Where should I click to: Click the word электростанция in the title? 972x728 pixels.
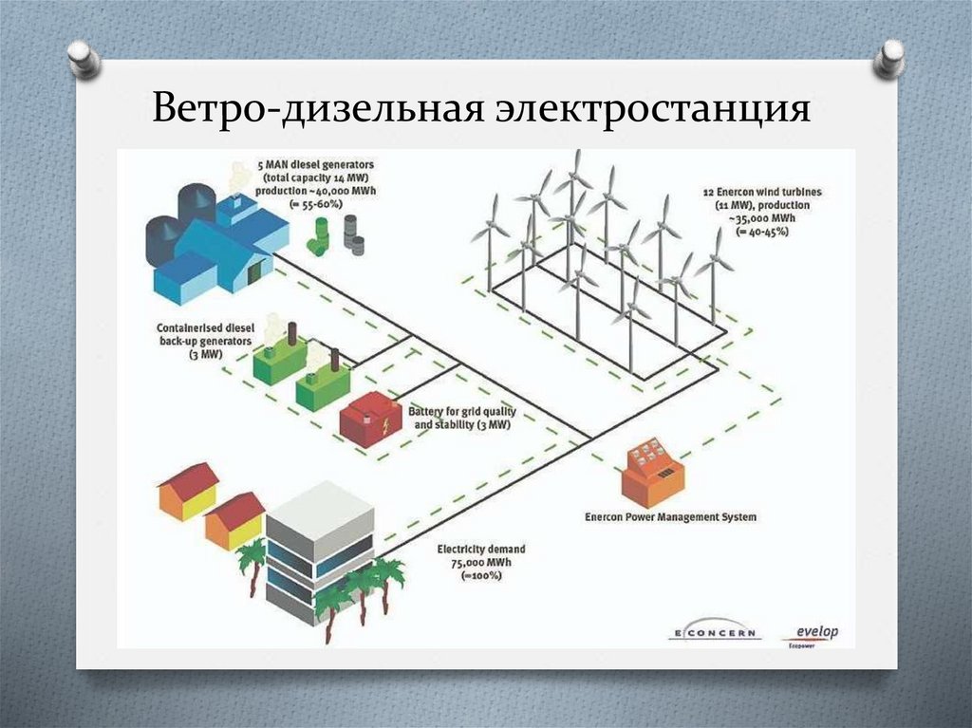(x=650, y=109)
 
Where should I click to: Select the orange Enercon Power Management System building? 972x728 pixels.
(x=653, y=473)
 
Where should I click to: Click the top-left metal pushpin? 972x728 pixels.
(x=84, y=59)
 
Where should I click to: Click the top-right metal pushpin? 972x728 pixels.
(x=889, y=58)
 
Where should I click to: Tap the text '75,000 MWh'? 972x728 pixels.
(x=480, y=563)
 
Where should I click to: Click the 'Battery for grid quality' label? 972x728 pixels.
(x=459, y=412)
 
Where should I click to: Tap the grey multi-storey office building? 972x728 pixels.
(x=318, y=551)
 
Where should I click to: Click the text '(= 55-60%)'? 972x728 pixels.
(x=316, y=204)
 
